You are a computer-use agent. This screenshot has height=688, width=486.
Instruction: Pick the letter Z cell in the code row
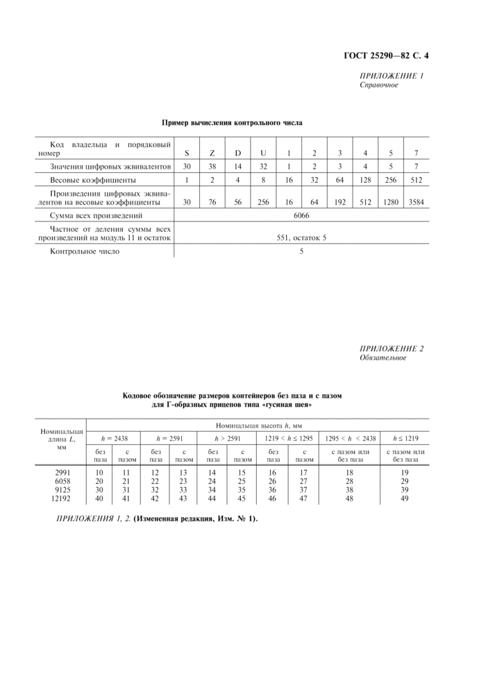[212, 153]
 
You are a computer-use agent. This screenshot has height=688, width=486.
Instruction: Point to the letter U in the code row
[262, 153]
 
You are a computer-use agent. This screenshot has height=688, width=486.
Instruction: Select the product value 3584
[416, 203]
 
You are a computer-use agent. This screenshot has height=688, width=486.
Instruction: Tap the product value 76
[212, 203]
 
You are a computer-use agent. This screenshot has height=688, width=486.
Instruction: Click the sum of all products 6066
[301, 217]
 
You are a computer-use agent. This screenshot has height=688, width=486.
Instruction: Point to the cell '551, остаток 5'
[301, 238]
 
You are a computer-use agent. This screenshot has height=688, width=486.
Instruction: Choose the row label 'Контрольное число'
[85, 251]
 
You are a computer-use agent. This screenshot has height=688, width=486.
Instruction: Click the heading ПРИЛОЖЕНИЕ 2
[392, 349]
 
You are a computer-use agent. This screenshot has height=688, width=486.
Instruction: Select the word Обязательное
[383, 358]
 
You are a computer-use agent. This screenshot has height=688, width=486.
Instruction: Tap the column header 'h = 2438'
[112, 438]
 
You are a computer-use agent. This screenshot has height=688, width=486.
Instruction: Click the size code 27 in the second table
[303, 480]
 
